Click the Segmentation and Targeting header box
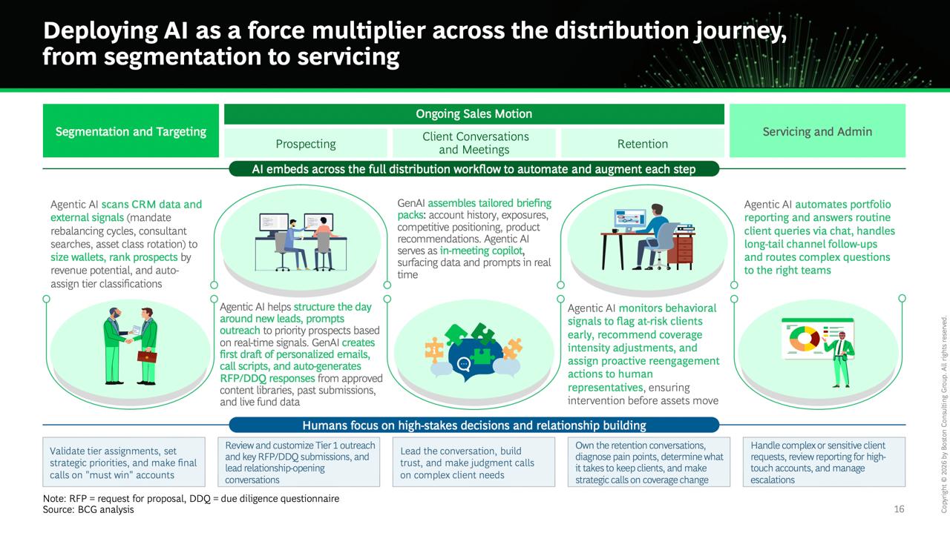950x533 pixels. (x=131, y=130)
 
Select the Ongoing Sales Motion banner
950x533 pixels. (x=474, y=114)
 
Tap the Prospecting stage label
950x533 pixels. (x=305, y=144)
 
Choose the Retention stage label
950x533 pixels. (x=643, y=144)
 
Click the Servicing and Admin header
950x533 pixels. (x=817, y=130)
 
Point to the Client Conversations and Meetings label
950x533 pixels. (x=475, y=143)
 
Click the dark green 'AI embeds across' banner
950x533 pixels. (x=474, y=169)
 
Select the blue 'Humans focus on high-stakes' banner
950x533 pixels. (x=474, y=425)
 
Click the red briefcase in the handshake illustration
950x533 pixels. (x=147, y=357)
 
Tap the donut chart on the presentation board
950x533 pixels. (x=804, y=338)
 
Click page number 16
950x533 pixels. (x=899, y=509)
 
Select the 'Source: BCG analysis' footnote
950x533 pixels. (x=88, y=509)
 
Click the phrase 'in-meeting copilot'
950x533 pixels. (x=481, y=251)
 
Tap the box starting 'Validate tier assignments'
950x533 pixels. (x=124, y=462)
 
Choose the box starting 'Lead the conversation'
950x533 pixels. (x=474, y=462)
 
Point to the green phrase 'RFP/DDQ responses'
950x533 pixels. (x=267, y=378)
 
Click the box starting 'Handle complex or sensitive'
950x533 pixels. (x=824, y=462)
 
